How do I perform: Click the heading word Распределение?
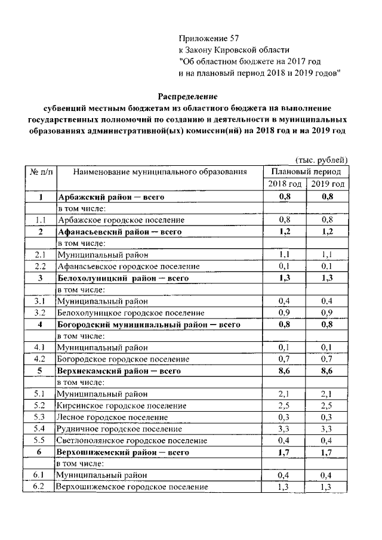pos(188,96)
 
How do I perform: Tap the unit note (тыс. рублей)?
pos(322,159)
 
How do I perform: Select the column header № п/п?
pos(40,172)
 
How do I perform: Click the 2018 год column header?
pos(284,184)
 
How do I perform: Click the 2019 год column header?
pos(327,184)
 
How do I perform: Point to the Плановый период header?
pos(306,171)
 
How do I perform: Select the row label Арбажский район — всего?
pos(110,197)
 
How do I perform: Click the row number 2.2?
pos(40,266)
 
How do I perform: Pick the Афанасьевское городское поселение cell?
pos(128,266)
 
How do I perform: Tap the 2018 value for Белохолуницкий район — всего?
pos(284,278)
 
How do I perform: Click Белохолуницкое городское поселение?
pos(130,313)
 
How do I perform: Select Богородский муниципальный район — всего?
pos(149,325)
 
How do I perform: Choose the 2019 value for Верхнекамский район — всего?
pos(327,371)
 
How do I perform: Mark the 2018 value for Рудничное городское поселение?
pos(284,429)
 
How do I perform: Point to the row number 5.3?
pos(40,417)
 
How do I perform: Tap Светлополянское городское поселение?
pos(132,440)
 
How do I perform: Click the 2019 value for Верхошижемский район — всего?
pos(327,452)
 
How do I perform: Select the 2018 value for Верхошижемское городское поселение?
pos(284,487)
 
